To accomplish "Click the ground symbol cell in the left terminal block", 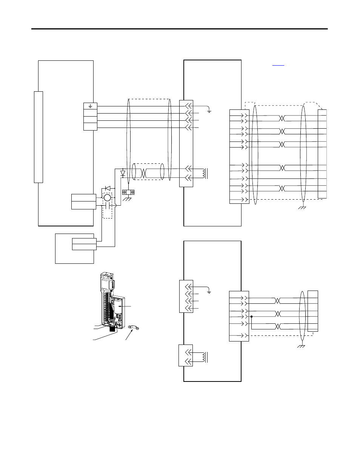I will (x=90, y=106).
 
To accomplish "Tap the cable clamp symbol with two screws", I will (x=129, y=192).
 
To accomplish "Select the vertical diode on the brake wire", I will (x=122, y=174).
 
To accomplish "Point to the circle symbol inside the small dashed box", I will (x=107, y=197).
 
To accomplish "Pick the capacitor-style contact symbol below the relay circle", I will (x=107, y=206).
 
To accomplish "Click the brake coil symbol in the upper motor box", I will (x=204, y=173).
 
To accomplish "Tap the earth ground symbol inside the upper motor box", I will (x=209, y=111).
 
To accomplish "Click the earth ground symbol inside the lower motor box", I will (x=209, y=291).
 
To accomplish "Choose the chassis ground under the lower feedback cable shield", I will (x=301, y=346).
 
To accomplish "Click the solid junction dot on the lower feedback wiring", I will (x=251, y=317).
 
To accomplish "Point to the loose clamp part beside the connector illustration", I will (x=132, y=328).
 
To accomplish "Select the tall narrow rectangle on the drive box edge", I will (x=38, y=137).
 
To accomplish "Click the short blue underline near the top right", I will (x=278, y=65).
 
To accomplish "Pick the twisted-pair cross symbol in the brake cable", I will (x=143, y=173).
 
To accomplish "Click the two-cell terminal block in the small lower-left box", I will (x=84, y=244).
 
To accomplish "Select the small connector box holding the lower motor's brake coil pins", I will (x=185, y=355).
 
